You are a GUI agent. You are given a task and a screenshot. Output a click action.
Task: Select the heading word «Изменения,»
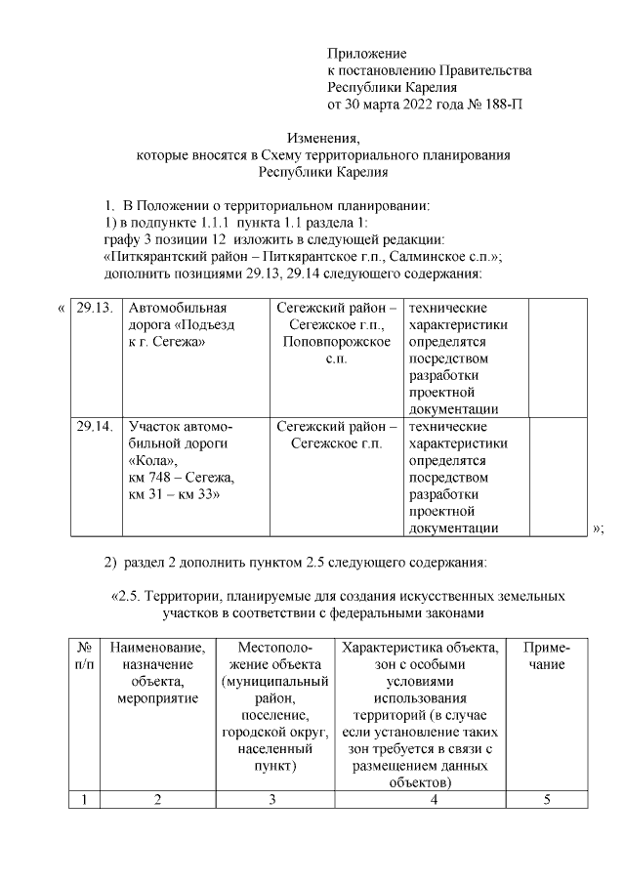click(323, 138)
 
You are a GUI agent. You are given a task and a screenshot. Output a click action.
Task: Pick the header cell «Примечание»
click(547, 655)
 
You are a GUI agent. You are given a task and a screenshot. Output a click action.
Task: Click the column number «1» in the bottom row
click(85, 800)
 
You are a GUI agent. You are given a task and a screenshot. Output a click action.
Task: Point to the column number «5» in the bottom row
click(547, 800)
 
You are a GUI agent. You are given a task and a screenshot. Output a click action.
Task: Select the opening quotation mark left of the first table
click(62, 308)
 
